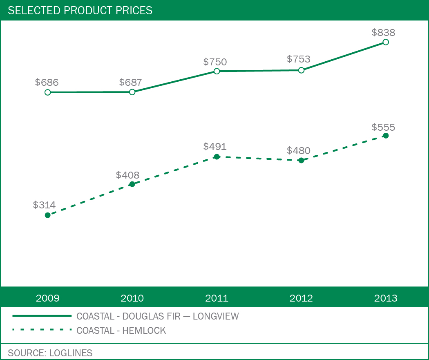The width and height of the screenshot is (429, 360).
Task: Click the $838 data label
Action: [x=383, y=33]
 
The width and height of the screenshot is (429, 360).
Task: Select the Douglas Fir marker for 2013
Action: [x=386, y=42]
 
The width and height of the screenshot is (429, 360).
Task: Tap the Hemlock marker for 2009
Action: [x=48, y=215]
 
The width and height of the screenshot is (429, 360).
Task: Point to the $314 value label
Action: [x=44, y=205]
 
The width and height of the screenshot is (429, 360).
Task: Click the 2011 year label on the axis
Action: [x=217, y=298]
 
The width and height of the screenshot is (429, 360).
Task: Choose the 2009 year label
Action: [x=48, y=298]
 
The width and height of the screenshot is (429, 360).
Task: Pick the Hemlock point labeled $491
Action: [x=217, y=157]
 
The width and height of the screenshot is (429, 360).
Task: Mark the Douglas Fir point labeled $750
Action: [x=217, y=71]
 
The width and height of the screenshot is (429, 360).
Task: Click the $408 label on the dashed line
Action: [x=127, y=175]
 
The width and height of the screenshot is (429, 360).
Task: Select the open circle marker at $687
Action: [x=132, y=92]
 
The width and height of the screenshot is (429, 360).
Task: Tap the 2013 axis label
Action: [x=386, y=298]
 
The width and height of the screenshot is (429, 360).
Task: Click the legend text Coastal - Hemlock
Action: [x=121, y=331]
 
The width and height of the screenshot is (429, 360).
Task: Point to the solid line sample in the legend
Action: [x=42, y=316]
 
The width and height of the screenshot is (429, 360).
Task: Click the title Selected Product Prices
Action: [x=80, y=11]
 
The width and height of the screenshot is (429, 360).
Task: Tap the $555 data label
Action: [x=383, y=127]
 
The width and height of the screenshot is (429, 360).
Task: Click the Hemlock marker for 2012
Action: [x=301, y=160]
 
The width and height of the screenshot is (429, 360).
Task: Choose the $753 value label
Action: [x=298, y=59]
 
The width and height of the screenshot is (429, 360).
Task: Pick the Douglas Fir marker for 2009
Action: [x=48, y=92]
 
